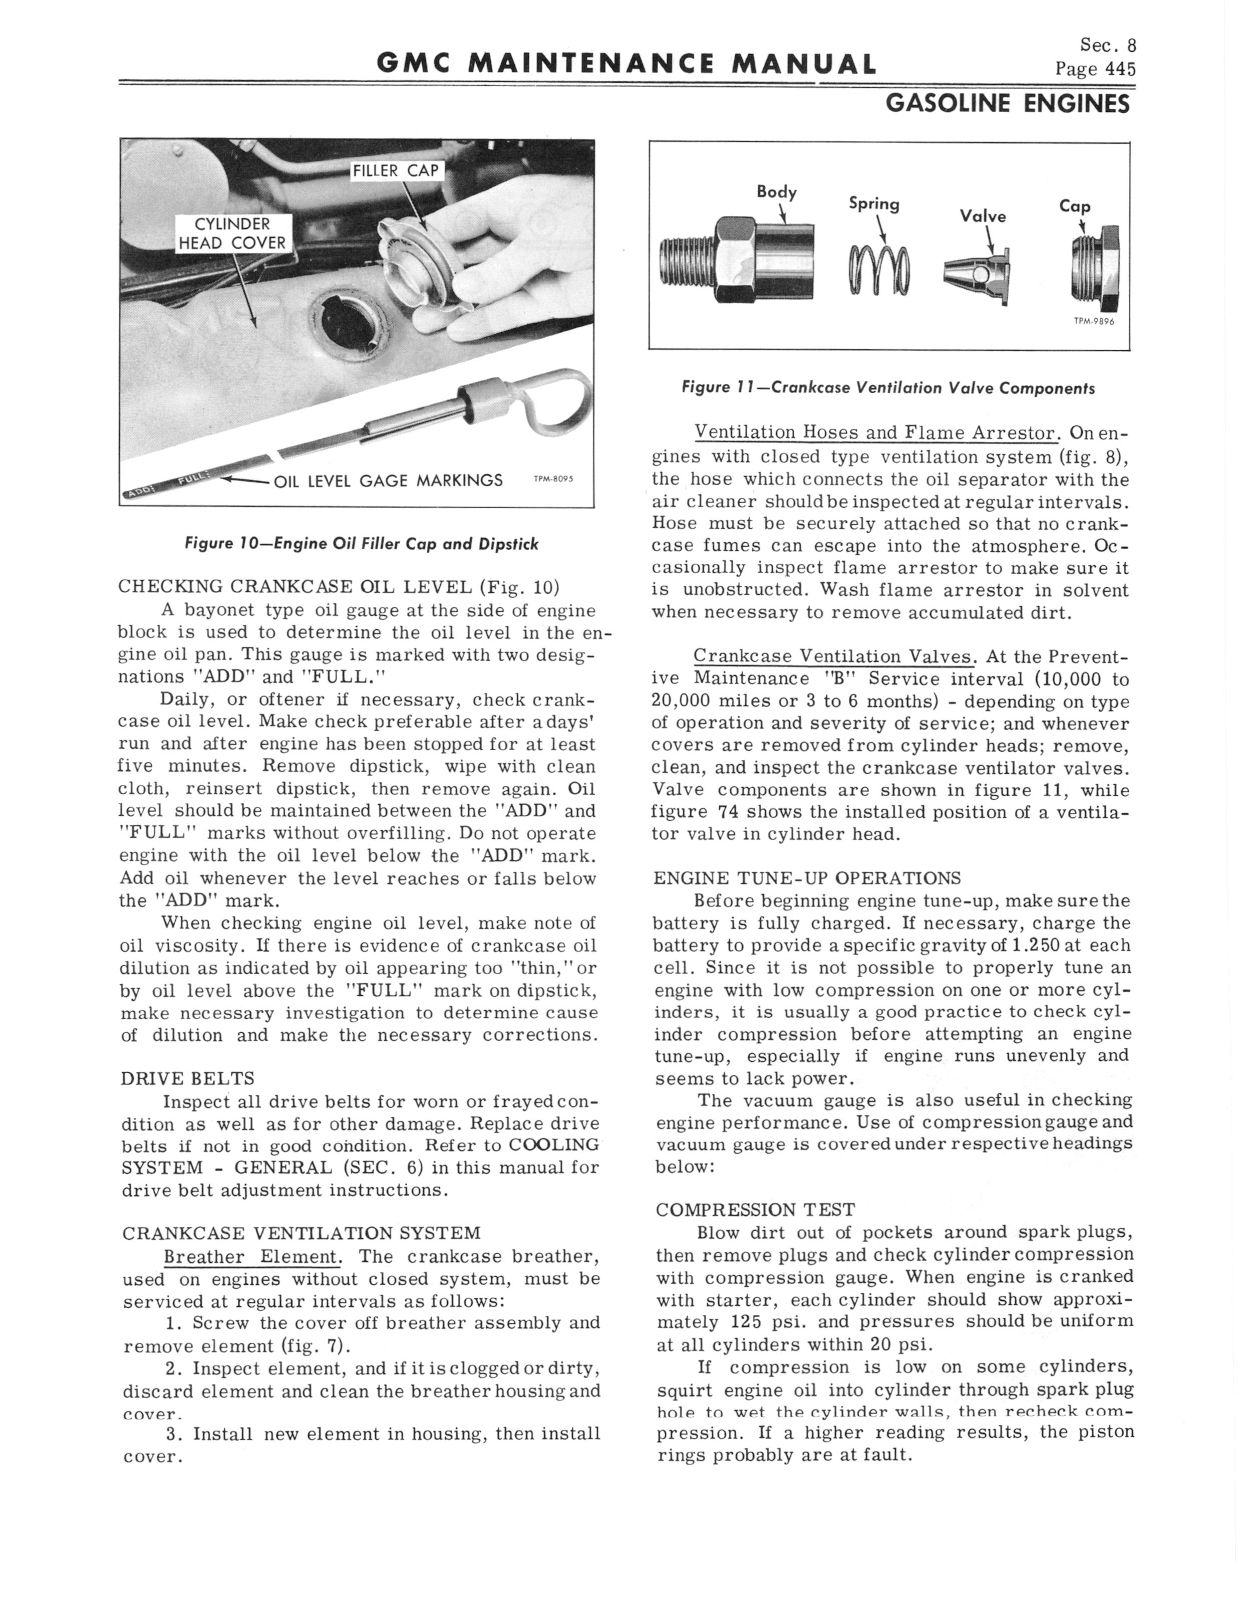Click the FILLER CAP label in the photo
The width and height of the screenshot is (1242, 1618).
point(396,171)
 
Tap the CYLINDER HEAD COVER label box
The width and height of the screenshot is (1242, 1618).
point(232,234)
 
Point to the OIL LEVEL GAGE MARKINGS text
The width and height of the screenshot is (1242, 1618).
point(388,481)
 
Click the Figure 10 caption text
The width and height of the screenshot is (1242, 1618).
point(362,544)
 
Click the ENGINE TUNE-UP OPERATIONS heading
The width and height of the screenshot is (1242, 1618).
point(807,878)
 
